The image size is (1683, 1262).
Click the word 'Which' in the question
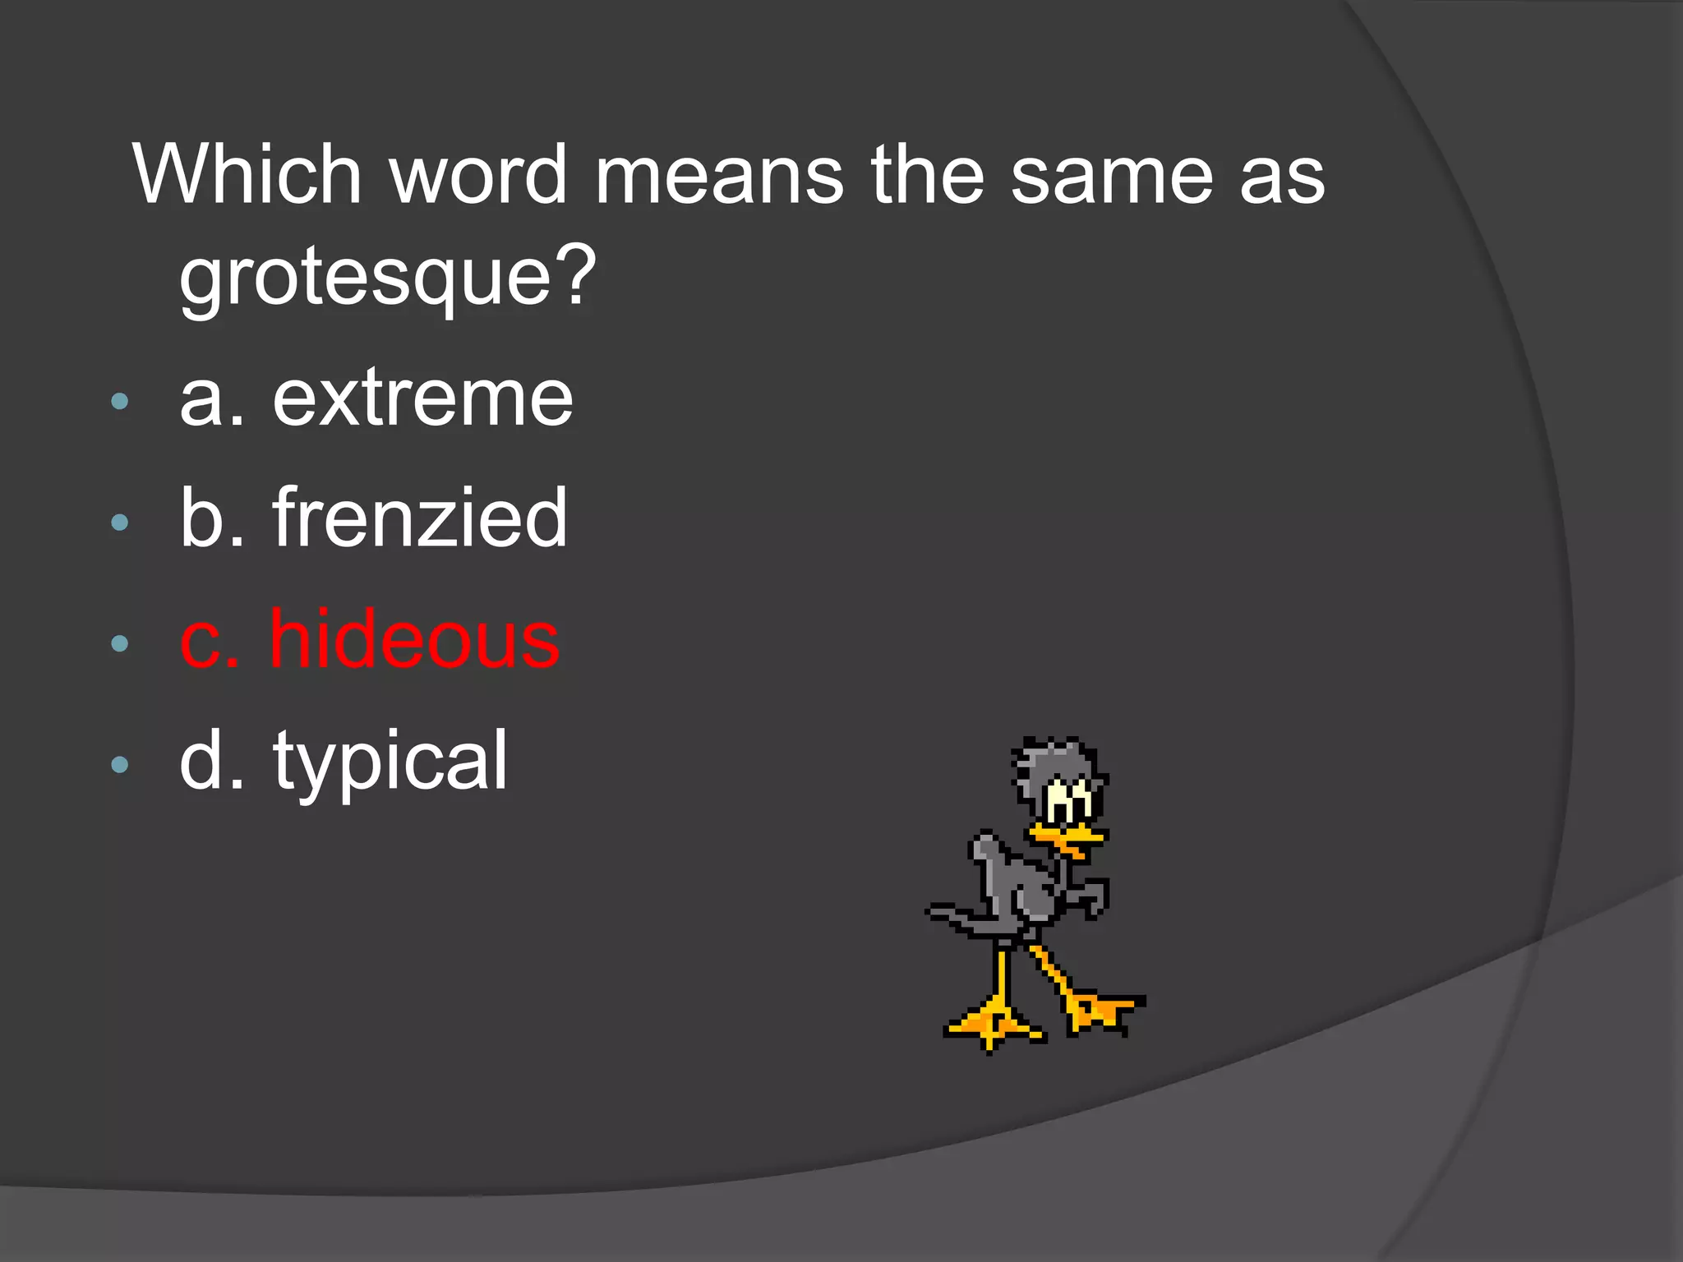(247, 174)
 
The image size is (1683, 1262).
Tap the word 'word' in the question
(478, 174)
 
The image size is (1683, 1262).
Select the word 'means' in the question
(718, 174)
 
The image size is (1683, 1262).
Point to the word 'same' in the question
(1111, 174)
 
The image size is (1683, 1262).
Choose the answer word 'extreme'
(422, 399)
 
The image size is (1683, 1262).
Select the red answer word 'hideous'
(415, 640)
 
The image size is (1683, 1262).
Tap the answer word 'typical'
(390, 762)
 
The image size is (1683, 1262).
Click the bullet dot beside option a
(120, 401)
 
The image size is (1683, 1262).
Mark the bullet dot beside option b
(120, 522)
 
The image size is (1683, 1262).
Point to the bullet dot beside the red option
(120, 643)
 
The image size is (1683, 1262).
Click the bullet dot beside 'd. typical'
(120, 765)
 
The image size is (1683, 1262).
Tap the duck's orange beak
(1067, 838)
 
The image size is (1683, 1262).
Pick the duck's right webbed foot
(1101, 1011)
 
